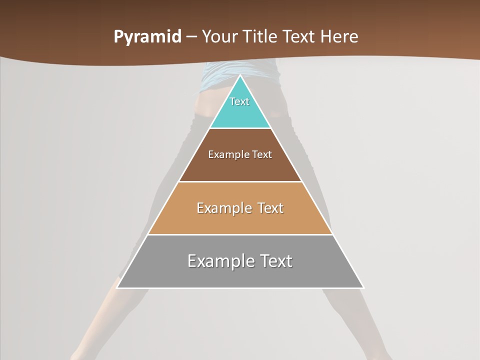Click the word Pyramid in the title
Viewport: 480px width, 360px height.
[147, 37]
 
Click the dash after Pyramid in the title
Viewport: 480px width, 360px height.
[191, 37]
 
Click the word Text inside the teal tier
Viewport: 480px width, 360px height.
[239, 101]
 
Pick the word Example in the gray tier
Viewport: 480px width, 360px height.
[220, 261]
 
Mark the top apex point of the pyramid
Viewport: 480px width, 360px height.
[240, 75]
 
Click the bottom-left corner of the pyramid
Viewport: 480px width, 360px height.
[117, 287]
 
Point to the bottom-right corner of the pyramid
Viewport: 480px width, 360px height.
[363, 287]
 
